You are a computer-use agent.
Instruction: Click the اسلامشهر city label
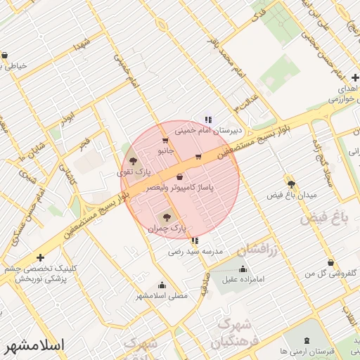34,346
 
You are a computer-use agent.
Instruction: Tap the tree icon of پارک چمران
167,218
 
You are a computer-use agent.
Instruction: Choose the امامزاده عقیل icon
243,269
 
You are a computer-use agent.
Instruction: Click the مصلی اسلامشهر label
162,296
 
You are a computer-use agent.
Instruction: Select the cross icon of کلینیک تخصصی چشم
40,258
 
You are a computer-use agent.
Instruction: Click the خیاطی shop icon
5,56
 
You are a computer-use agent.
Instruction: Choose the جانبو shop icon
165,141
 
